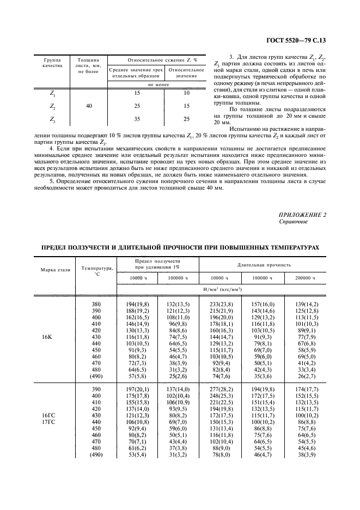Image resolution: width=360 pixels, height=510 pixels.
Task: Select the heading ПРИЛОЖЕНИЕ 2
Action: point(302,215)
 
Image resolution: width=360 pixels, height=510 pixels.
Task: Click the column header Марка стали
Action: point(55,270)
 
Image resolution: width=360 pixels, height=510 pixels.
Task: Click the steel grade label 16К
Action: point(47,338)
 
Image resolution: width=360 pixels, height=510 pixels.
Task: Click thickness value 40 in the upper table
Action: point(89,106)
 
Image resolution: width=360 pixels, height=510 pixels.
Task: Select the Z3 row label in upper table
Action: point(52,119)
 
